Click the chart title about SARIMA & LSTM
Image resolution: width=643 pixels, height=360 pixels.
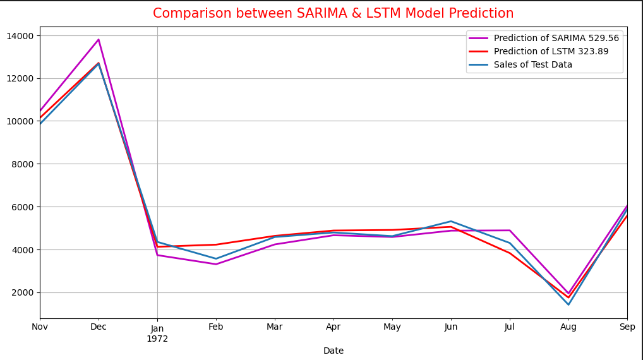tap(333, 13)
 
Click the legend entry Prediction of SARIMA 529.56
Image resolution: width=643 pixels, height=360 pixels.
tap(556, 39)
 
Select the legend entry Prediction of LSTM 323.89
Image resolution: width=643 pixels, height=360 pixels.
tap(551, 52)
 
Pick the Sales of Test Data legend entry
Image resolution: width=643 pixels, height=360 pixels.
tap(532, 65)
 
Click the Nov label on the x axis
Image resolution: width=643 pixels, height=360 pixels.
tap(40, 327)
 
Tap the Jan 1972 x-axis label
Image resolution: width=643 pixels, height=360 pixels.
tap(157, 333)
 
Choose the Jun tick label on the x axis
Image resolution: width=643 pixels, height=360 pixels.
tap(451, 327)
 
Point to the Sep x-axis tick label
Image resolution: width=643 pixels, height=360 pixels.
tap(627, 327)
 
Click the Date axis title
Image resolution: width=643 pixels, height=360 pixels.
tap(333, 351)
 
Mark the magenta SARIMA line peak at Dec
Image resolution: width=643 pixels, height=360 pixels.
tap(99, 40)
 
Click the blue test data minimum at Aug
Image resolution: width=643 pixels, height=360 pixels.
tap(568, 304)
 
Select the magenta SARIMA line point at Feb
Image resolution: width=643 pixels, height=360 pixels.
tap(216, 264)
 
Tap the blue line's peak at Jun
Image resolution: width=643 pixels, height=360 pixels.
tap(451, 222)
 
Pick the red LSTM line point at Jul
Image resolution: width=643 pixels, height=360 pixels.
tap(510, 253)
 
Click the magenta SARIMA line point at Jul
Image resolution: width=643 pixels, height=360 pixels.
tap(510, 231)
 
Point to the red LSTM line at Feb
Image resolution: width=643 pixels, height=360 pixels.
tap(216, 244)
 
